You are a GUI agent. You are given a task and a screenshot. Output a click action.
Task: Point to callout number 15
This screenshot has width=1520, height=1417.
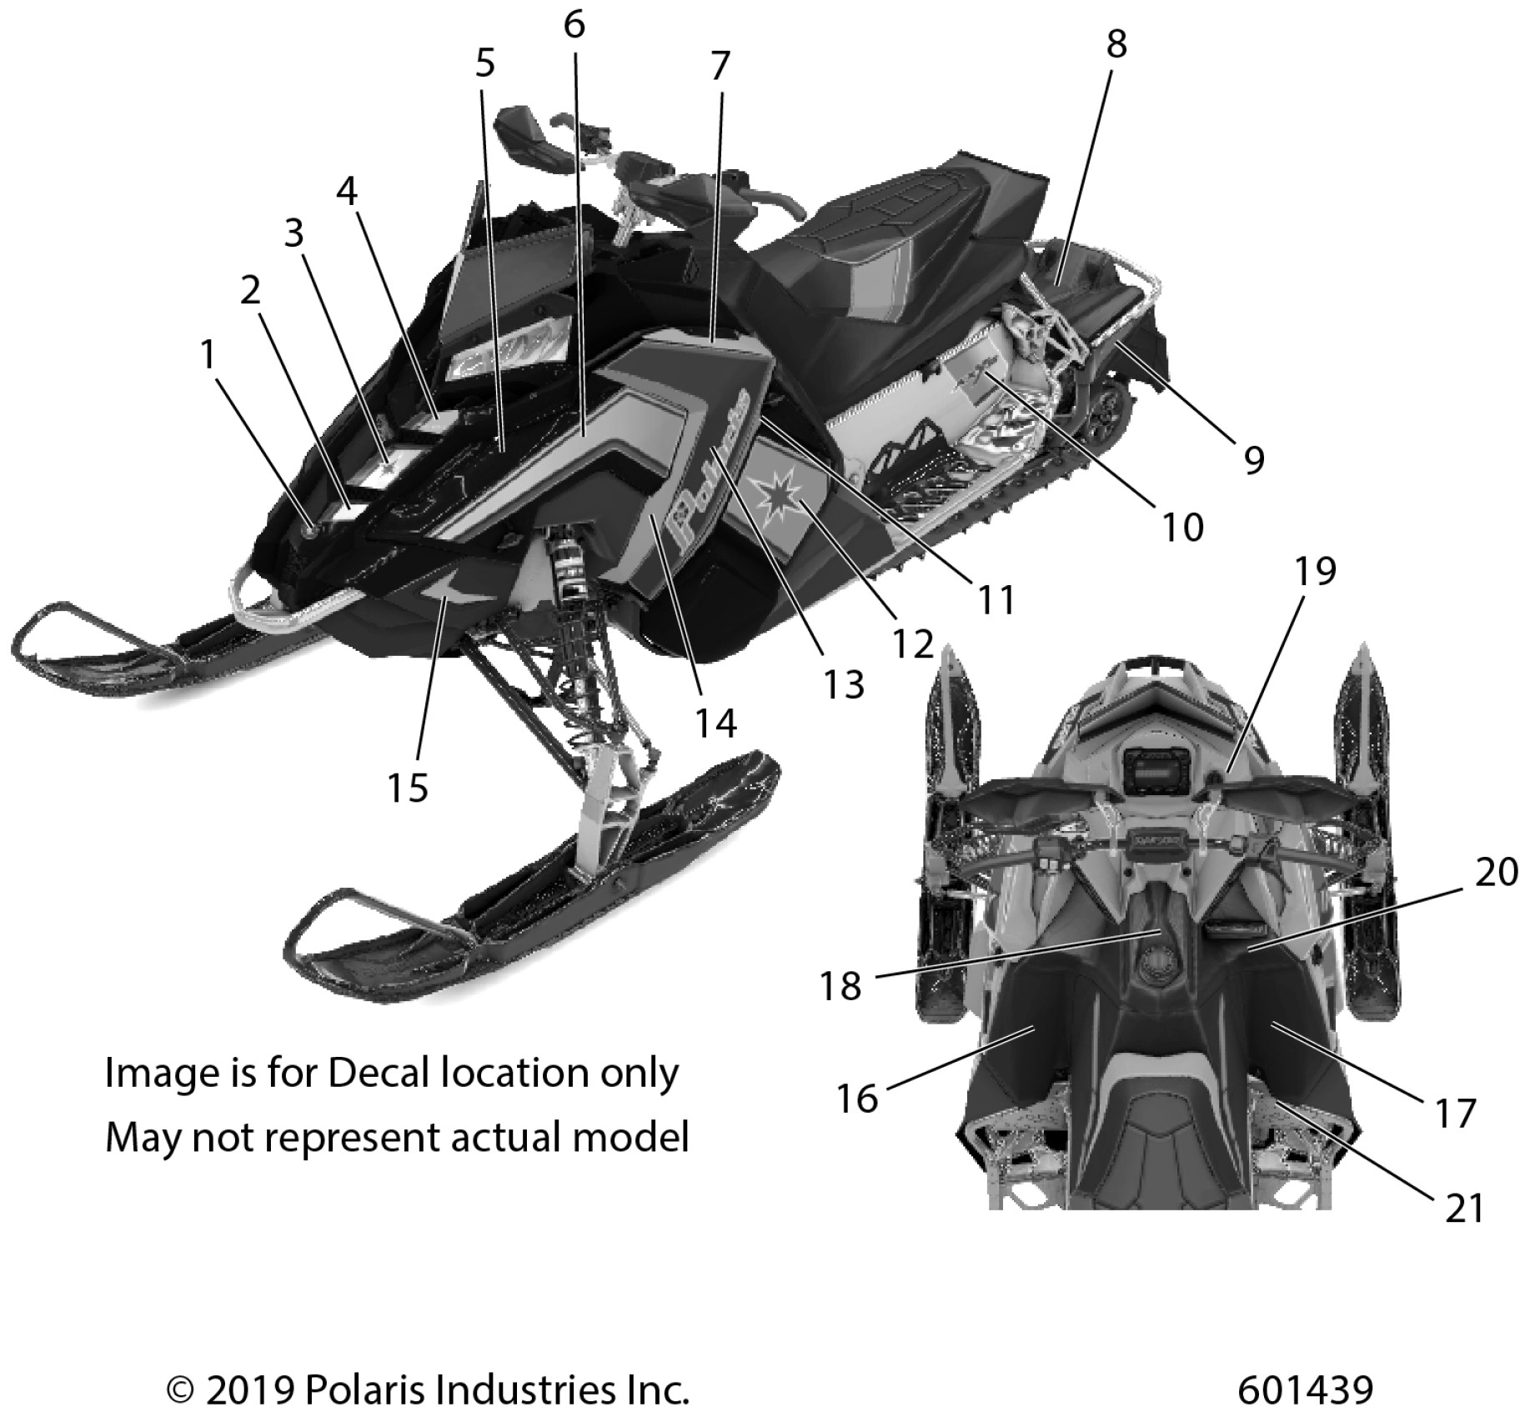tap(408, 787)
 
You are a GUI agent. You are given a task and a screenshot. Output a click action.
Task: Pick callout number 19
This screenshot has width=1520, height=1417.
tap(1315, 571)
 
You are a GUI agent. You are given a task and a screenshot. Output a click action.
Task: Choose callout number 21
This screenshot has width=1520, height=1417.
tap(1465, 1208)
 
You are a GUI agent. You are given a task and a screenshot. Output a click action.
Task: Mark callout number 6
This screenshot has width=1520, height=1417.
tap(574, 25)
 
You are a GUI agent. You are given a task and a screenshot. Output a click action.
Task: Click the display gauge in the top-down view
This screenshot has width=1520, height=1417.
tap(1151, 769)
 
